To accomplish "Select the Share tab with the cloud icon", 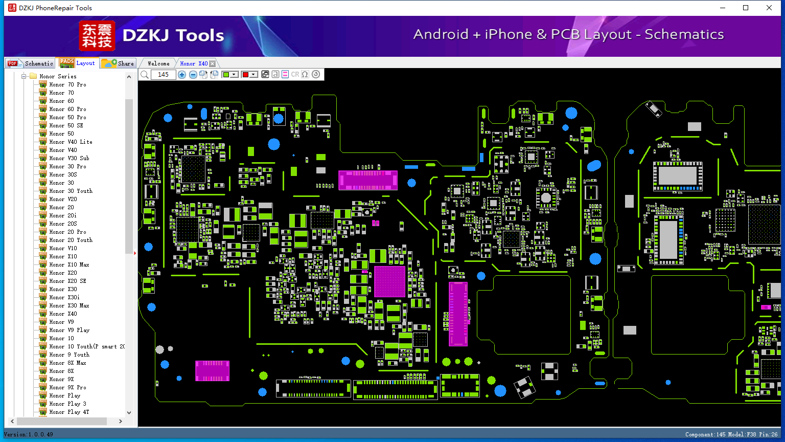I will [118, 63].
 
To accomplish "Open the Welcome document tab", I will [158, 63].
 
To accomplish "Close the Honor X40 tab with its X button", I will [213, 63].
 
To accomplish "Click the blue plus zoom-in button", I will [181, 75].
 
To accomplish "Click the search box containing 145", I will [164, 75].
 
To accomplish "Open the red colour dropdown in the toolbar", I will [249, 75].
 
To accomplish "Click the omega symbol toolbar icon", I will [305, 75].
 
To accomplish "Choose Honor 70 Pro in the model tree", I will [67, 84].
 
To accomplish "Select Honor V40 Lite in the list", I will [71, 142].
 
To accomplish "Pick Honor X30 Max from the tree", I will [69, 305].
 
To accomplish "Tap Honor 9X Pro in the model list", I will [67, 387].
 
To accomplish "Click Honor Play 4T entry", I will [69, 412].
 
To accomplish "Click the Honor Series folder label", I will [58, 76].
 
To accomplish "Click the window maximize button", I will [746, 8].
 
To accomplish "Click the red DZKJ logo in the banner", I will [97, 36].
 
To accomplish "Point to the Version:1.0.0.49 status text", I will [29, 434].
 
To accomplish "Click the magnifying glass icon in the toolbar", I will [145, 75].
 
